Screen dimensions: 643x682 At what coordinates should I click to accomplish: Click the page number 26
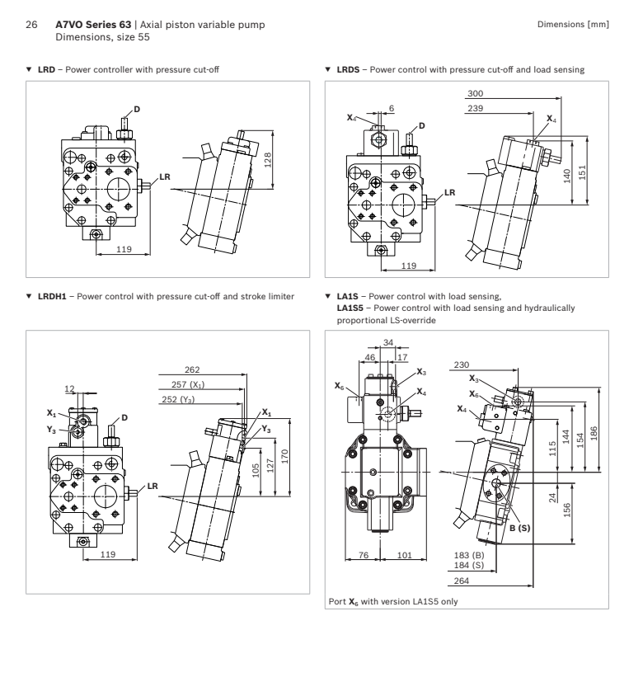pyautogui.click(x=31, y=25)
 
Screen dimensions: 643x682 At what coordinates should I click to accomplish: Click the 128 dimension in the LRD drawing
pyautogui.click(x=268, y=160)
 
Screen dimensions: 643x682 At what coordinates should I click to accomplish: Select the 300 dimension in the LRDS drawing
pyautogui.click(x=475, y=93)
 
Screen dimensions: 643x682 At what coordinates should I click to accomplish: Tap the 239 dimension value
pyautogui.click(x=475, y=108)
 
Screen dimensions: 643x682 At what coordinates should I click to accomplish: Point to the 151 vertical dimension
pyautogui.click(x=582, y=172)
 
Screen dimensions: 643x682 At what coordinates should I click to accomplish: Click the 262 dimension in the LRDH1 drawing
pyautogui.click(x=192, y=369)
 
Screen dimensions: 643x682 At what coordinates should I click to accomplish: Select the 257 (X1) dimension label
pyautogui.click(x=188, y=384)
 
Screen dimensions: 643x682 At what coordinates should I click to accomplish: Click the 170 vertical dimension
pyautogui.click(x=284, y=456)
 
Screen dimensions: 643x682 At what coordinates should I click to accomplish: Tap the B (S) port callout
pyautogui.click(x=520, y=528)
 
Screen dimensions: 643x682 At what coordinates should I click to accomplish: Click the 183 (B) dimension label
pyautogui.click(x=469, y=556)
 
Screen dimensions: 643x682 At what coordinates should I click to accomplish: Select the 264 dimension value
pyautogui.click(x=462, y=581)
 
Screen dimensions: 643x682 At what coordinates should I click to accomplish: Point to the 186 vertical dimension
pyautogui.click(x=594, y=434)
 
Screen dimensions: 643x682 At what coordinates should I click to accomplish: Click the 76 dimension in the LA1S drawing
pyautogui.click(x=364, y=555)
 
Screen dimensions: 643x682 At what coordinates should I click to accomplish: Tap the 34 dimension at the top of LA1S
pyautogui.click(x=387, y=343)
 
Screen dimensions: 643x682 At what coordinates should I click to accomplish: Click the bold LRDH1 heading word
pyautogui.click(x=52, y=297)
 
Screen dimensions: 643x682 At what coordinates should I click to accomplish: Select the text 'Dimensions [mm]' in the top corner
pyautogui.click(x=573, y=25)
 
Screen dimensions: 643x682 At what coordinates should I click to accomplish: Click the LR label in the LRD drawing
pyautogui.click(x=165, y=177)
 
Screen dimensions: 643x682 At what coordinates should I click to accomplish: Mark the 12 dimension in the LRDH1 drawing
pyautogui.click(x=69, y=389)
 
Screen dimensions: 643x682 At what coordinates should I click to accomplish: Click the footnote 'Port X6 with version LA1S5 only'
pyautogui.click(x=393, y=601)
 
